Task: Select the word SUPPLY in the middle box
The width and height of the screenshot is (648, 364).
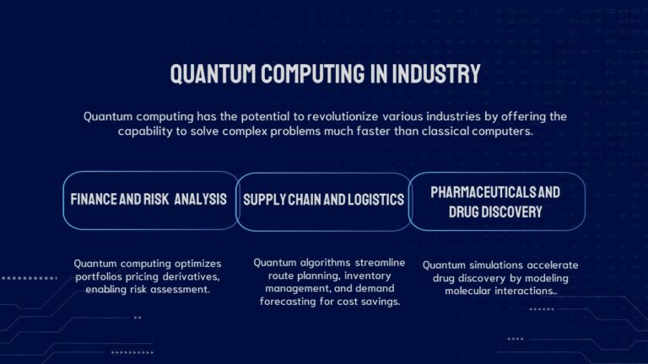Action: coord(265,200)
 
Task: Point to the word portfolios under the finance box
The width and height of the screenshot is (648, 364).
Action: coord(100,276)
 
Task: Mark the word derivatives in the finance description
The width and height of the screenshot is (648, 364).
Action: coord(191,276)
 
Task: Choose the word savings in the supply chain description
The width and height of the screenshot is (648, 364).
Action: coord(380,302)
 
